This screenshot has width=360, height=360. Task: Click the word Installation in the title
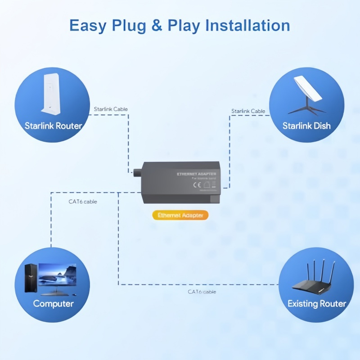[247, 25]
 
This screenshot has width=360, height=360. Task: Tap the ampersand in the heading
[157, 25]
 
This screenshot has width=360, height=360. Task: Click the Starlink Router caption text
[53, 126]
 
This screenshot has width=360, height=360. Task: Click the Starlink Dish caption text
[306, 126]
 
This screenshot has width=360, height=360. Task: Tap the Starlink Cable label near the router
[111, 109]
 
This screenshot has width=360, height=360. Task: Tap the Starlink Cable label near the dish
[248, 111]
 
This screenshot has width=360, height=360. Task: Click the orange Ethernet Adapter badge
[180, 215]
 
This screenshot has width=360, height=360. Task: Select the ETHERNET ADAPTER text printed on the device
[196, 174]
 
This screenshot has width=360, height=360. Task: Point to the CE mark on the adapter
[196, 184]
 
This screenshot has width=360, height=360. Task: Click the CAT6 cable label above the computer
[80, 202]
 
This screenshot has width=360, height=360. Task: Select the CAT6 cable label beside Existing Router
[202, 292]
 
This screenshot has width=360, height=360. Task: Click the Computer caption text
[53, 304]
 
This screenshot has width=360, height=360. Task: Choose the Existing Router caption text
[317, 304]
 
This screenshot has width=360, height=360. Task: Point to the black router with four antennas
[315, 279]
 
